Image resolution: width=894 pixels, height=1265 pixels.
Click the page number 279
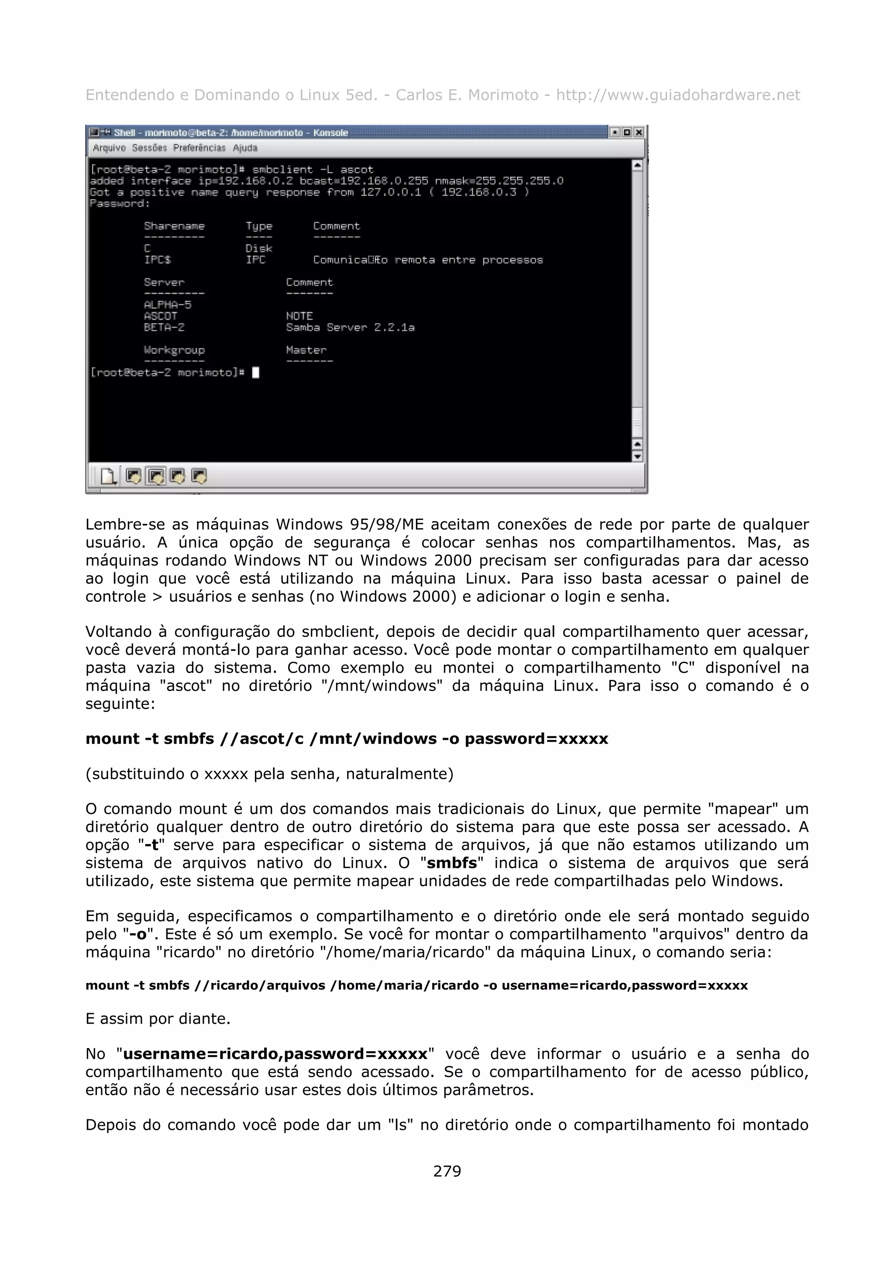coord(447,1171)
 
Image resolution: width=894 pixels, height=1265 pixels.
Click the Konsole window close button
coord(638,132)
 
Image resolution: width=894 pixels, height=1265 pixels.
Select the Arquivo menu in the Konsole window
coord(109,148)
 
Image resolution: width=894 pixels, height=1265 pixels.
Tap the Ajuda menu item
coord(245,148)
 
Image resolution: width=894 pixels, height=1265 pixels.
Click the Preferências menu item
coord(199,148)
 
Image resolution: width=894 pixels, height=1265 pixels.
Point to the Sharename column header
coord(174,226)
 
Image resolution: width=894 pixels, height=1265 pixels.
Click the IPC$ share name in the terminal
coord(158,259)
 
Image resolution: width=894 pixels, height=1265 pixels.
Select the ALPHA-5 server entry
coord(168,305)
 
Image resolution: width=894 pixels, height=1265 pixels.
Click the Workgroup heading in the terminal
coord(174,350)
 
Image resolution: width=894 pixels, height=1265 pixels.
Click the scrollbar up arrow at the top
coord(637,165)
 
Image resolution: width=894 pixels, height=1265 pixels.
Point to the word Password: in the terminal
coord(120,203)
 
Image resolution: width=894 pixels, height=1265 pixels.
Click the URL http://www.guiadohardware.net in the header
coord(677,95)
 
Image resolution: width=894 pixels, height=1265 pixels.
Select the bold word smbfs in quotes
coord(452,863)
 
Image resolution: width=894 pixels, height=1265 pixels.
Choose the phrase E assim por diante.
coord(158,1019)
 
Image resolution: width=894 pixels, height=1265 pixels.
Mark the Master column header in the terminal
coord(306,350)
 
